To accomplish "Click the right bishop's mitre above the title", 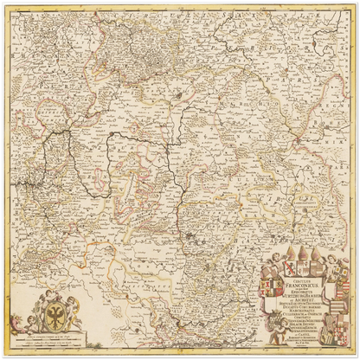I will (x=315, y=254).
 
